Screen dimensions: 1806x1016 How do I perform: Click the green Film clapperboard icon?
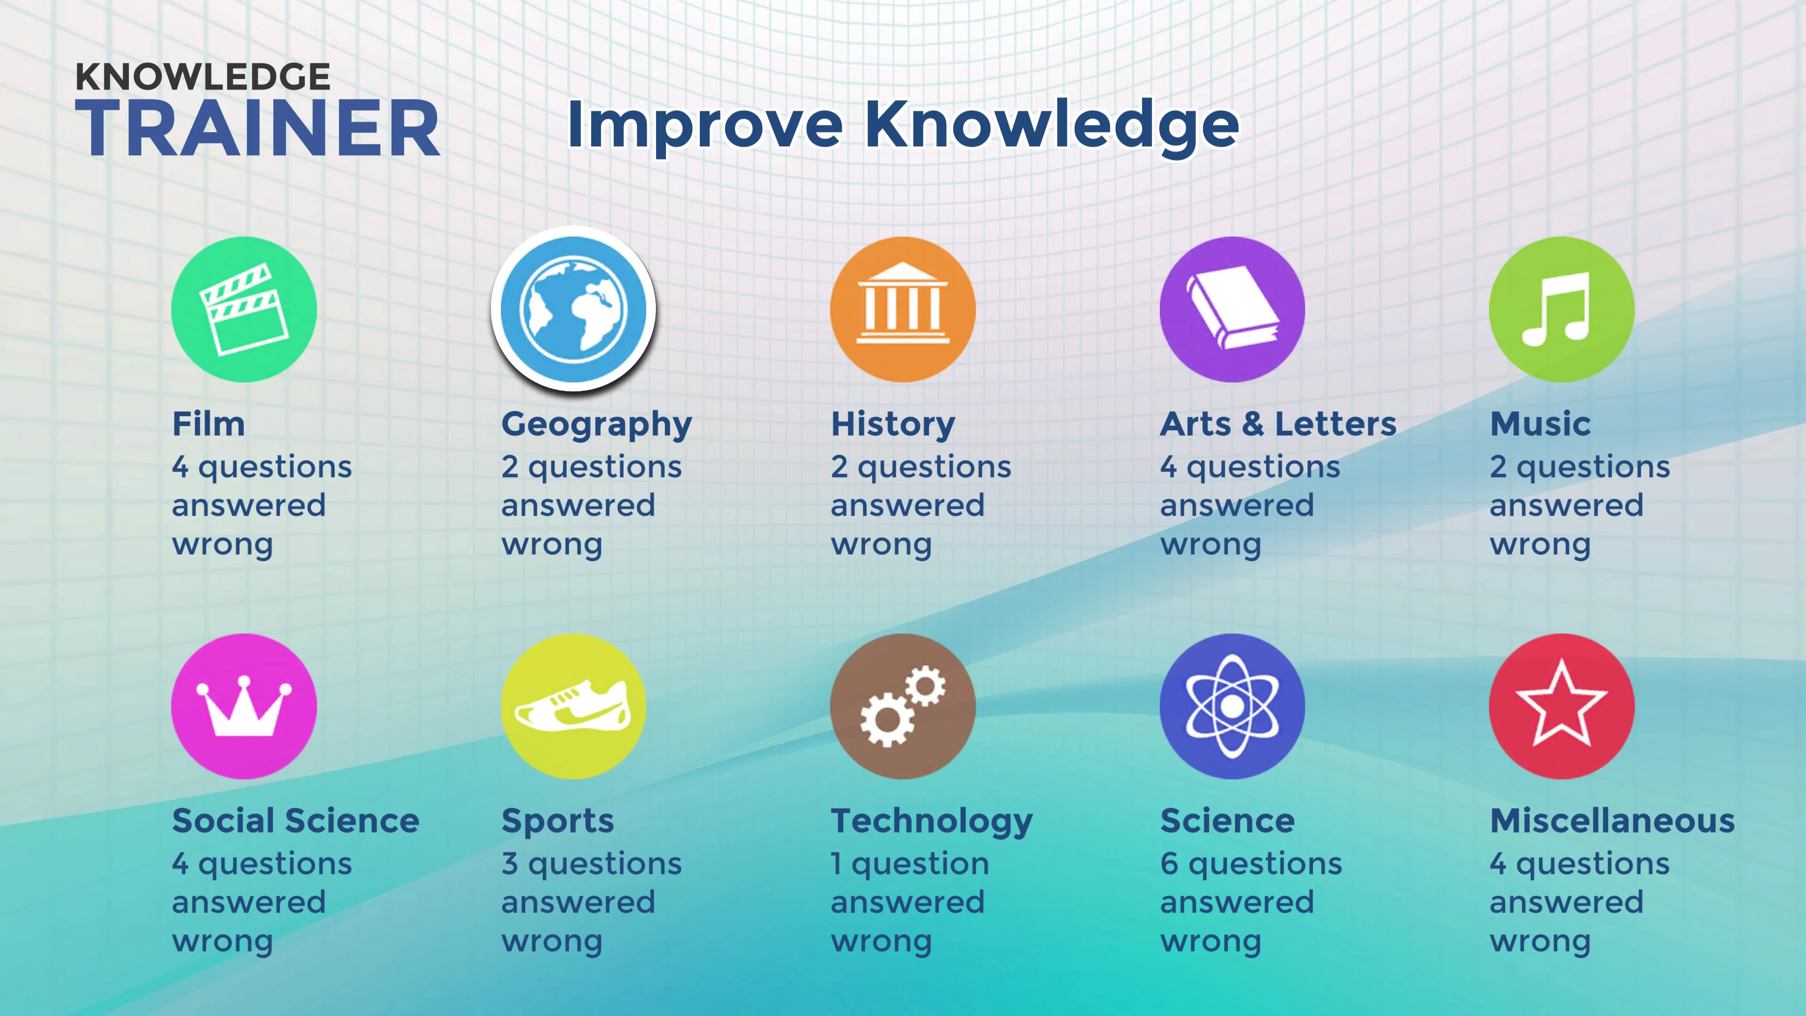[x=244, y=309]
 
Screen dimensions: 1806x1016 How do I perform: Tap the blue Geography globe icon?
[x=573, y=309]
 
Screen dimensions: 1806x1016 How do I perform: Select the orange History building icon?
[x=903, y=309]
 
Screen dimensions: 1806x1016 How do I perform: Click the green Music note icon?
[x=1562, y=309]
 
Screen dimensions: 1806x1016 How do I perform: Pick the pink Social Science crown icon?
[x=244, y=706]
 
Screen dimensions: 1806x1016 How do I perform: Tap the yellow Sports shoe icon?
[x=573, y=706]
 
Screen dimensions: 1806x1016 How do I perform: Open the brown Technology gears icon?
[x=903, y=706]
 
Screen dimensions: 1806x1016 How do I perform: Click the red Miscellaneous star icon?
[x=1562, y=706]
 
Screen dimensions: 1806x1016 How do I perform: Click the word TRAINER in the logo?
[x=258, y=127]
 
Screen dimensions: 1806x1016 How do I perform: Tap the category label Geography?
[x=597, y=425]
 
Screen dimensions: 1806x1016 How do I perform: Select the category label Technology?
[x=932, y=822]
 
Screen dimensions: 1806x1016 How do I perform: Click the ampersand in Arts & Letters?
[x=1252, y=424]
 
